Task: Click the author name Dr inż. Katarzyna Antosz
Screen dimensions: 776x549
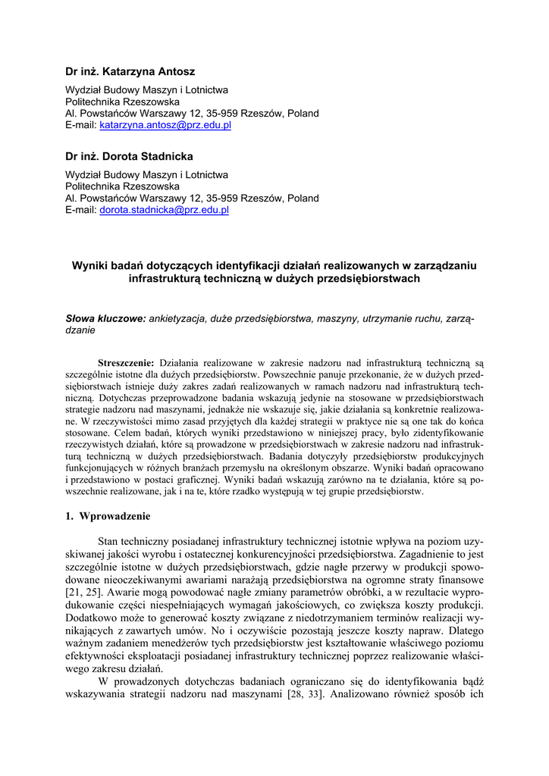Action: [x=130, y=72]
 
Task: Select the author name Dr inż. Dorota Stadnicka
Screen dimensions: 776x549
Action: [x=129, y=157]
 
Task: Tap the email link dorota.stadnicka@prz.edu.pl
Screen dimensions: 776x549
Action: [x=164, y=210]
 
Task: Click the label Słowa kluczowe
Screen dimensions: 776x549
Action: [x=105, y=319]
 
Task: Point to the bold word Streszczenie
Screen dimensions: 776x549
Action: [x=126, y=363]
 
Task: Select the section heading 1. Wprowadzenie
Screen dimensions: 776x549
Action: [x=108, y=516]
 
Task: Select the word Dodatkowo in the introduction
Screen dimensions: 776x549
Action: [x=93, y=618]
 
